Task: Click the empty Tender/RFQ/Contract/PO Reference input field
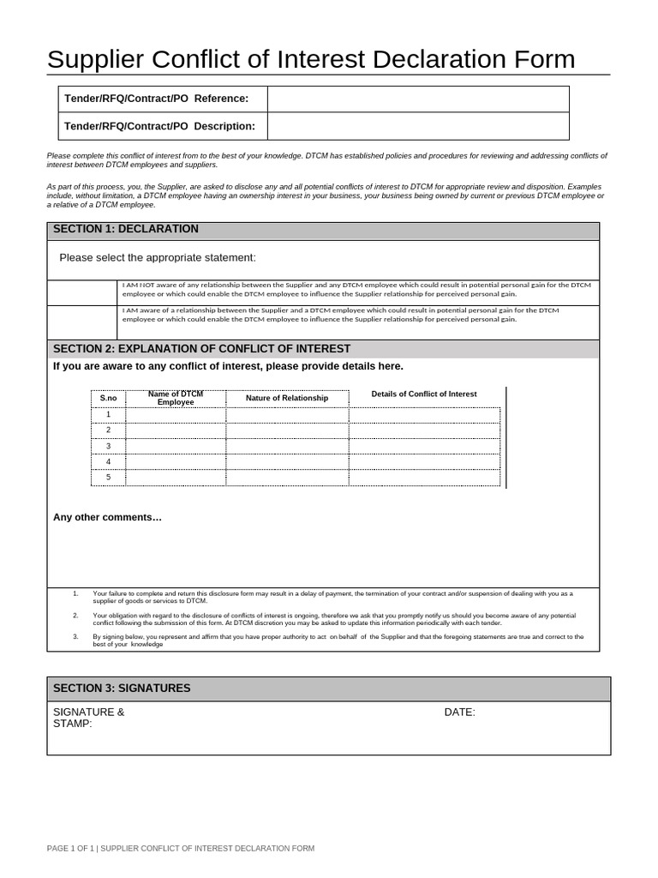tap(417, 99)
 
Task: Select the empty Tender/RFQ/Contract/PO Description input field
tap(417, 126)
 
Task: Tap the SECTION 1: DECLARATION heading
tap(125, 229)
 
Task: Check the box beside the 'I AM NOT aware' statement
tap(81, 292)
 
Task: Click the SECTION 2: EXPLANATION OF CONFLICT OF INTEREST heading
tap(201, 349)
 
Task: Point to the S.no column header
tap(108, 399)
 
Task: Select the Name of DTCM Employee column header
tap(176, 398)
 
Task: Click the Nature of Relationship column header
tap(287, 399)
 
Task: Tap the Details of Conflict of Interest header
tap(424, 394)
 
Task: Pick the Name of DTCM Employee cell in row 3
tap(176, 447)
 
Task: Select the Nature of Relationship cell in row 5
tap(287, 478)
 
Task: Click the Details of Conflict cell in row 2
tap(424, 430)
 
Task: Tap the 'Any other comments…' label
tap(107, 517)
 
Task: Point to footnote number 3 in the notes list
tap(75, 637)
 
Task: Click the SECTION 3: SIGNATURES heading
tap(122, 689)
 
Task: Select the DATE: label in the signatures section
tap(459, 713)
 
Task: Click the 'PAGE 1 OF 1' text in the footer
tap(71, 848)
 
